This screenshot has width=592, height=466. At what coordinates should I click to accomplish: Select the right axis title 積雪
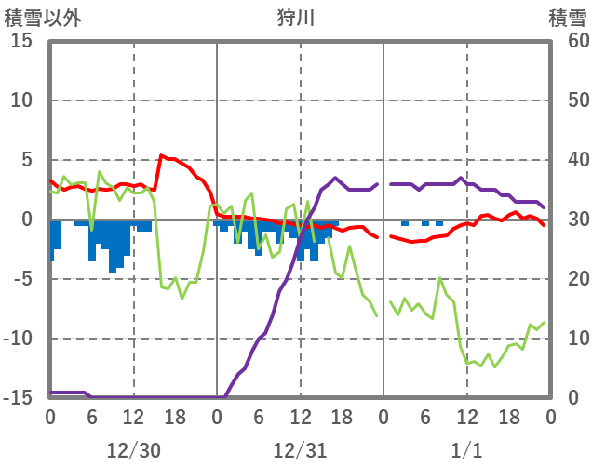[x=566, y=17]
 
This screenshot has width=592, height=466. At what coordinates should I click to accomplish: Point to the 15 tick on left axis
[x=22, y=41]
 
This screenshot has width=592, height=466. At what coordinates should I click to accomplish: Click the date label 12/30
[x=133, y=450]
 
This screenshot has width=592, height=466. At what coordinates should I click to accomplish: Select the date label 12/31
[x=300, y=450]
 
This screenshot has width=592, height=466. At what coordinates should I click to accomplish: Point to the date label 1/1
[x=466, y=450]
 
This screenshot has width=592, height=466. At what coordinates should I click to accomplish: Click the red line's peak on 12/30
[x=162, y=155]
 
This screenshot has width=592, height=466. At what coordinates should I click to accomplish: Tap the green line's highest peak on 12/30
[x=100, y=172]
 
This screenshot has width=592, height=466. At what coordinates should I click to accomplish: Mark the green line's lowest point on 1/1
[x=494, y=366]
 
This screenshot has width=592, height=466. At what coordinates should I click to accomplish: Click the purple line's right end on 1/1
[x=545, y=207]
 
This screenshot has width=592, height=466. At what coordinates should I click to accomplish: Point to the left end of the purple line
[x=50, y=393]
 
